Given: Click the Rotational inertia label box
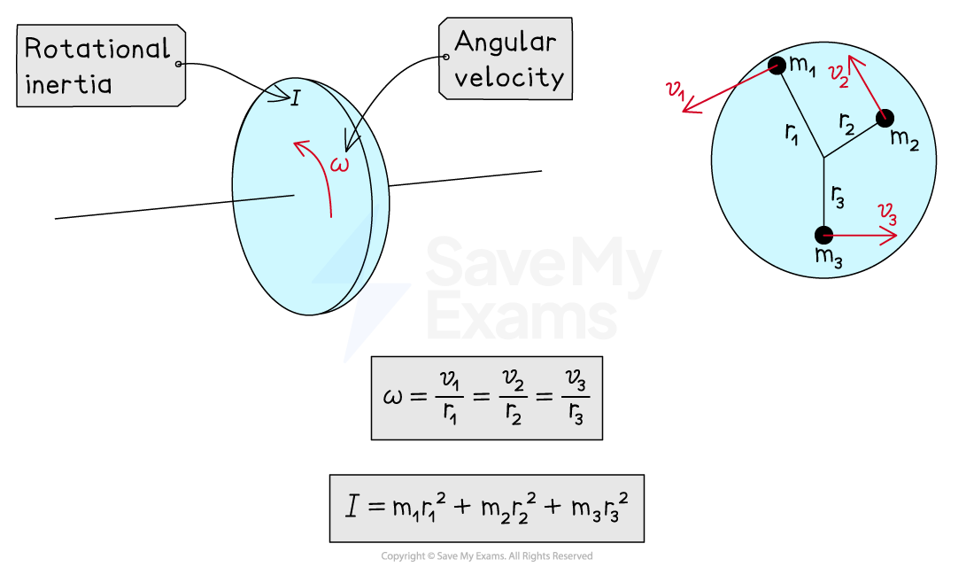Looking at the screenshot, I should (x=99, y=66).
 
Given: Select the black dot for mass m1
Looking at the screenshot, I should (x=777, y=66).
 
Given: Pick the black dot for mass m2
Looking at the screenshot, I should (x=884, y=119).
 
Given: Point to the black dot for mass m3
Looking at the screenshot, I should (x=823, y=235).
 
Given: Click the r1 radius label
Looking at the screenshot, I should (x=792, y=133).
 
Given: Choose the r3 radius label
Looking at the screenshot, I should (x=838, y=197).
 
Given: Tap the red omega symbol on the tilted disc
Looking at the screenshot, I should (x=339, y=164).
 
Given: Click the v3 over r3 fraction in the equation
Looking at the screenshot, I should (x=576, y=398).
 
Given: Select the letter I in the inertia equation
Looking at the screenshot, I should (x=352, y=508).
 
